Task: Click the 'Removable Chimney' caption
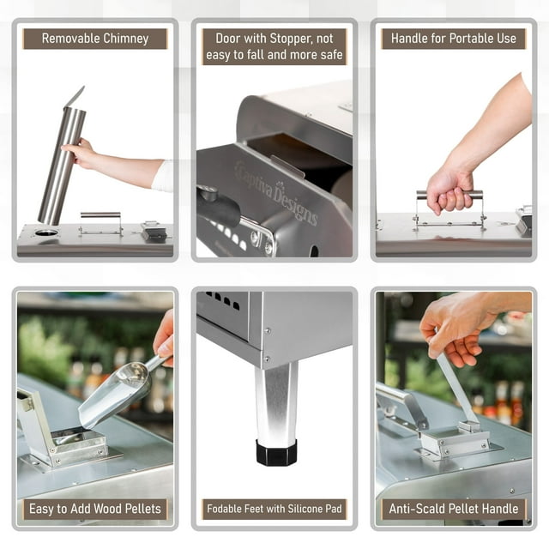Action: click(x=95, y=39)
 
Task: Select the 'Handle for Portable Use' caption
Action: click(x=453, y=39)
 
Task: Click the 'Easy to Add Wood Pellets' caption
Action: click(x=95, y=509)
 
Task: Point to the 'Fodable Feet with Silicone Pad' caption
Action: click(x=274, y=509)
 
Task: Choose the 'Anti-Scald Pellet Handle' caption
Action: click(x=453, y=509)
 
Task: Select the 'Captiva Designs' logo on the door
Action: click(x=275, y=196)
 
